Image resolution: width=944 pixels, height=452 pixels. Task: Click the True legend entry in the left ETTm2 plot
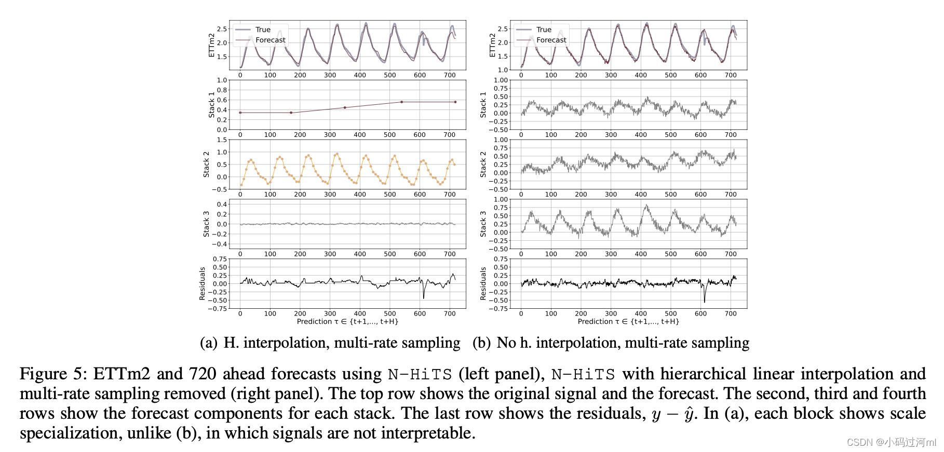263,30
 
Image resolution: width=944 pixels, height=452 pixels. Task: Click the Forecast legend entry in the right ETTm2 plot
551,40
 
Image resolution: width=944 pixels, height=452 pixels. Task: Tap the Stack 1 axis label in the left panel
211,105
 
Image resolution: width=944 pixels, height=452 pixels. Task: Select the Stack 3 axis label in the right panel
483,224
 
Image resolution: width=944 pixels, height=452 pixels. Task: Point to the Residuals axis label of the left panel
202,283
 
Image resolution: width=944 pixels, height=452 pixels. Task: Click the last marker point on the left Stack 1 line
455,102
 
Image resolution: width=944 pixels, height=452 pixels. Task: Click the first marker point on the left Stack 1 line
240,113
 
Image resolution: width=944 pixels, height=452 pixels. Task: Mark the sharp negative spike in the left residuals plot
424,297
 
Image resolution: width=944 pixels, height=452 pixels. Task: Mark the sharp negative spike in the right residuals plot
705,301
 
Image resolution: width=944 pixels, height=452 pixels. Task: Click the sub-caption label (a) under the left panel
209,343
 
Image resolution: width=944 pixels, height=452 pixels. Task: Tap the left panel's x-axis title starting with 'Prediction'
347,322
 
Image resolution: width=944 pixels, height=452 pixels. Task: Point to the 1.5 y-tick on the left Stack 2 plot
222,140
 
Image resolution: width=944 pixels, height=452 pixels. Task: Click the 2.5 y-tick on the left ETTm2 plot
222,29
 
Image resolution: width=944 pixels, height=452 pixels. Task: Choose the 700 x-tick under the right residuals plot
731,314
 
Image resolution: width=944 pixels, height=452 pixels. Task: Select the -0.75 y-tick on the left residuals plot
218,309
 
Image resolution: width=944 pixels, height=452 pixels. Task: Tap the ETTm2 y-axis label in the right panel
492,45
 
